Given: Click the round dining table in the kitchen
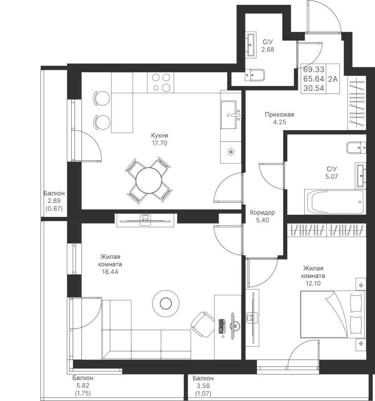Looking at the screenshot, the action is click(149, 180).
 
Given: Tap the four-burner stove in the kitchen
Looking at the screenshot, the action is click(160, 82).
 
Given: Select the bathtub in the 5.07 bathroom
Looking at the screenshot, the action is click(334, 202).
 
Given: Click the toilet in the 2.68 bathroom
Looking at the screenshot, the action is click(255, 75).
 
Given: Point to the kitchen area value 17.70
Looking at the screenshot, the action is click(159, 143).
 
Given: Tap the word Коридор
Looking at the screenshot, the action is click(262, 213).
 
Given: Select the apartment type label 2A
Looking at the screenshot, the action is click(333, 79).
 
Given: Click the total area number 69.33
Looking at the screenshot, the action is click(314, 70).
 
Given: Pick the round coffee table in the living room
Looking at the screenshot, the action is click(166, 303).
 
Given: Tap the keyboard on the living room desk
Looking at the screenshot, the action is click(222, 326).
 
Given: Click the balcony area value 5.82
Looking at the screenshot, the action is click(82, 385).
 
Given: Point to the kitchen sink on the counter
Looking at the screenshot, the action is click(231, 115).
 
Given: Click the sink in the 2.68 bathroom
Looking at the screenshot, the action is click(252, 45).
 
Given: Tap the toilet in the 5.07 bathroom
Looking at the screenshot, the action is click(356, 148).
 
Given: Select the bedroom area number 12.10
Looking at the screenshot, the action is click(313, 283).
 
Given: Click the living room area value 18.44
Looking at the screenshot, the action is click(110, 272).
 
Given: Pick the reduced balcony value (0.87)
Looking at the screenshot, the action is click(54, 209).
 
